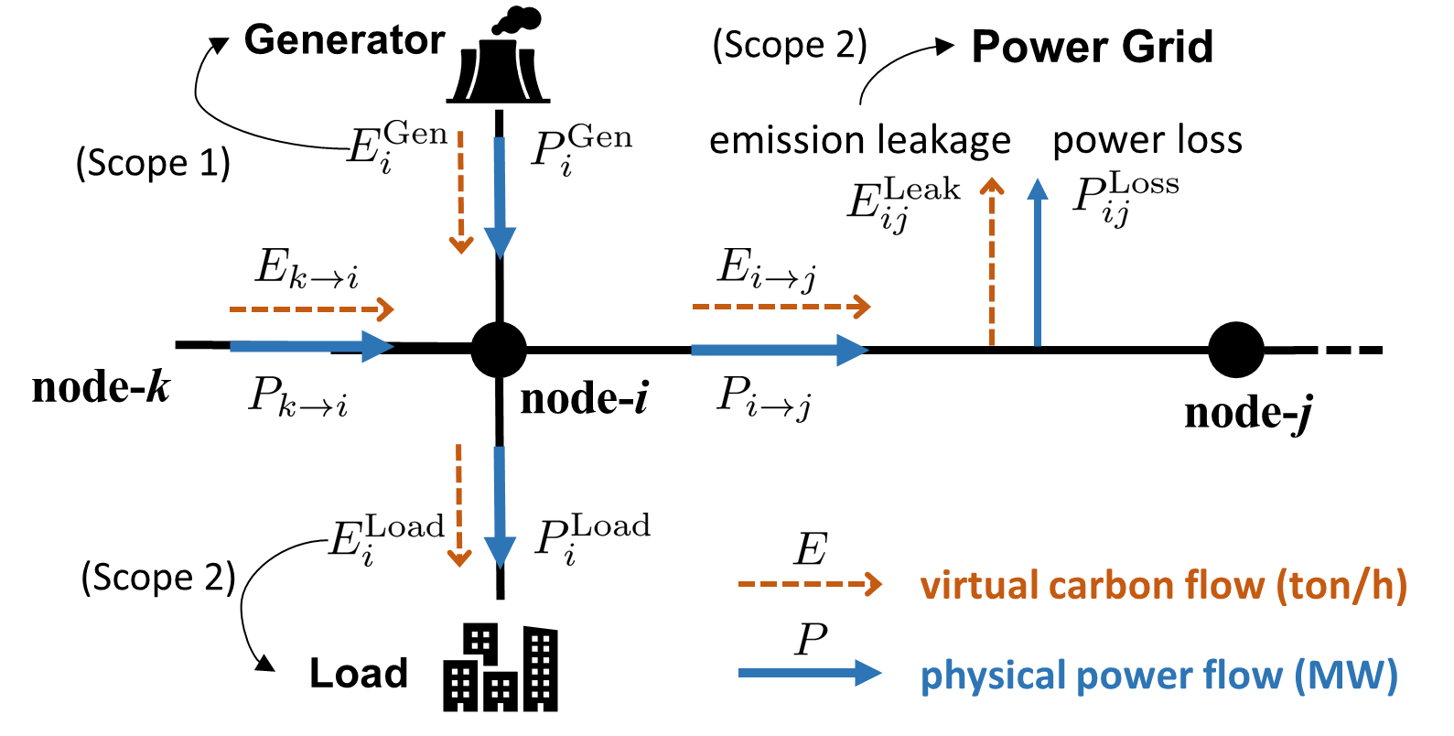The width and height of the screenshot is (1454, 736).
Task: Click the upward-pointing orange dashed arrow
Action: tap(992, 265)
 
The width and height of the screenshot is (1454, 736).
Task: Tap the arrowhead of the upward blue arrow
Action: tap(1037, 189)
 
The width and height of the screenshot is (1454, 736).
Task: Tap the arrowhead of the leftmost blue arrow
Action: tap(377, 346)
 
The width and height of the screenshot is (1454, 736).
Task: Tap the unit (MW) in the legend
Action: tap(1345, 676)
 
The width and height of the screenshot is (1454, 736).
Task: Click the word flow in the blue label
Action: tap(1242, 676)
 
